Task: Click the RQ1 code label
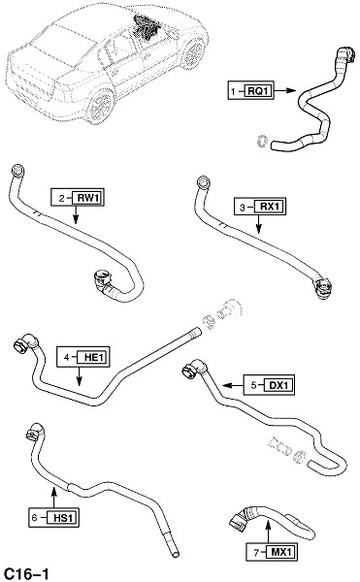click(x=258, y=90)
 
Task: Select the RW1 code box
click(x=87, y=198)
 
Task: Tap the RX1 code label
click(x=270, y=207)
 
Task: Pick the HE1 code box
click(x=93, y=357)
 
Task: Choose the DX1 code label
click(x=278, y=385)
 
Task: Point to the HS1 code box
click(x=63, y=517)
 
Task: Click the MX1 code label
click(x=281, y=552)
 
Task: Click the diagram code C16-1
click(x=25, y=574)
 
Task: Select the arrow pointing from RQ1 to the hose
click(x=285, y=90)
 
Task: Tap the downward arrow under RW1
click(x=76, y=214)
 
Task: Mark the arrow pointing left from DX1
click(x=233, y=386)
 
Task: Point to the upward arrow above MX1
click(x=269, y=532)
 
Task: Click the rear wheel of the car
click(x=101, y=105)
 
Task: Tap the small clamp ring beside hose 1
click(x=263, y=142)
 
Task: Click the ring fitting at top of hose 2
click(x=18, y=171)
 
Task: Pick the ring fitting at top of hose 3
click(x=203, y=182)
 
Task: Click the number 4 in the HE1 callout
click(x=66, y=358)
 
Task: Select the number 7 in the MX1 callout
click(x=256, y=553)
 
